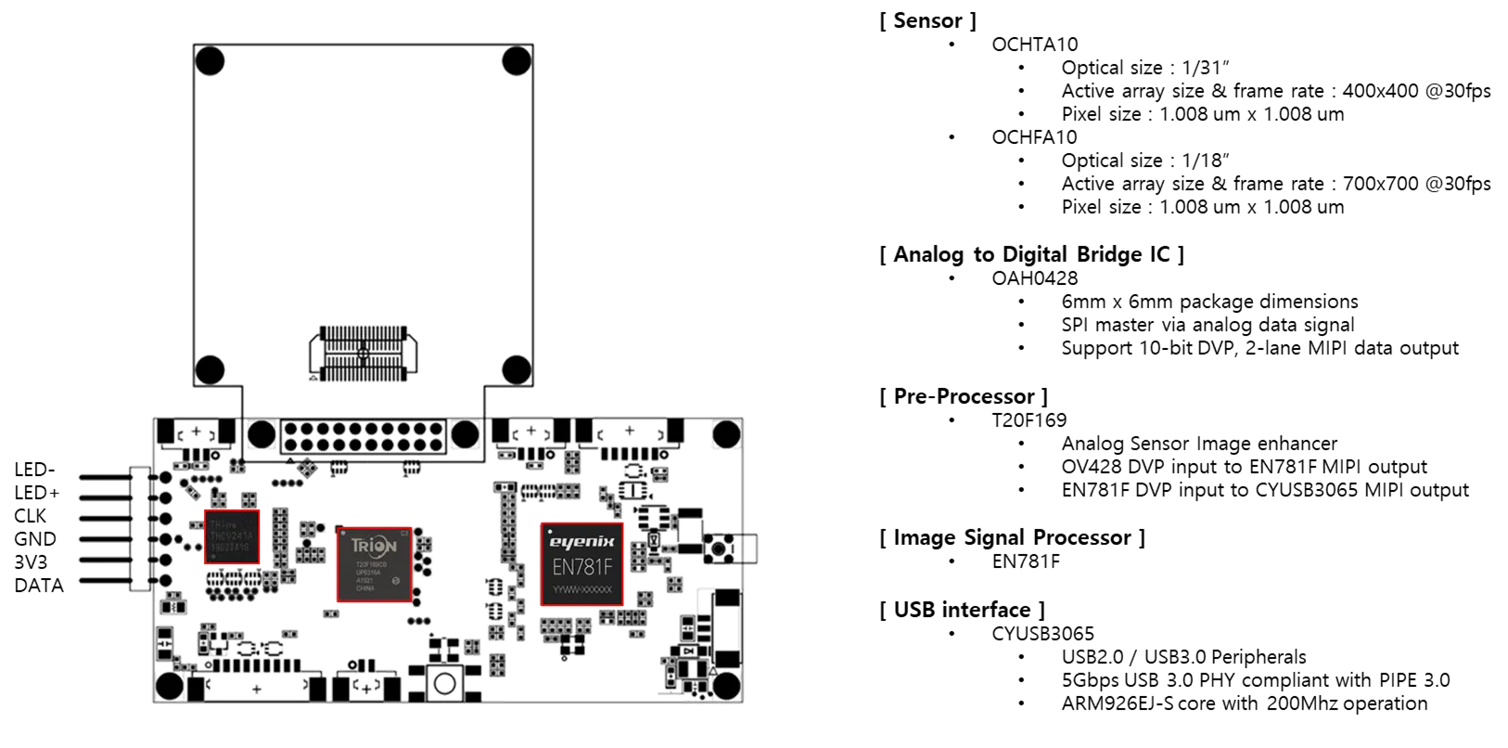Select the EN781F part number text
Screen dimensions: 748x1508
[582, 565]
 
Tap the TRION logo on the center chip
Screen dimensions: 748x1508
[374, 545]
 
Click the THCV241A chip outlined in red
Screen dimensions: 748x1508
[232, 536]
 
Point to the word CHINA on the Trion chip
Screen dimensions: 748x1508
[364, 589]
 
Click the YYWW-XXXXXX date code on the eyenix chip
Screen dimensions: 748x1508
[582, 590]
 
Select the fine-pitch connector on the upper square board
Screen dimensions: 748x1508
[363, 353]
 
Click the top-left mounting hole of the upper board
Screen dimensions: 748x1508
[211, 62]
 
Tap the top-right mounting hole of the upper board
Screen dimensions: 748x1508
[516, 62]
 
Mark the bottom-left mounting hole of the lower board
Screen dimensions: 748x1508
[170, 686]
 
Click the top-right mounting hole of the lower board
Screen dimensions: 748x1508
[726, 433]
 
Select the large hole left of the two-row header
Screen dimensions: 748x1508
[262, 434]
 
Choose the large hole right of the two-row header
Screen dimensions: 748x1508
[466, 434]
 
